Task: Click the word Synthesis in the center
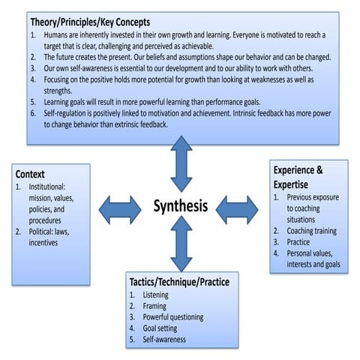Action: click(180, 205)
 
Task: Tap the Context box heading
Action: click(31, 174)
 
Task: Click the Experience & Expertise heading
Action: click(298, 176)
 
